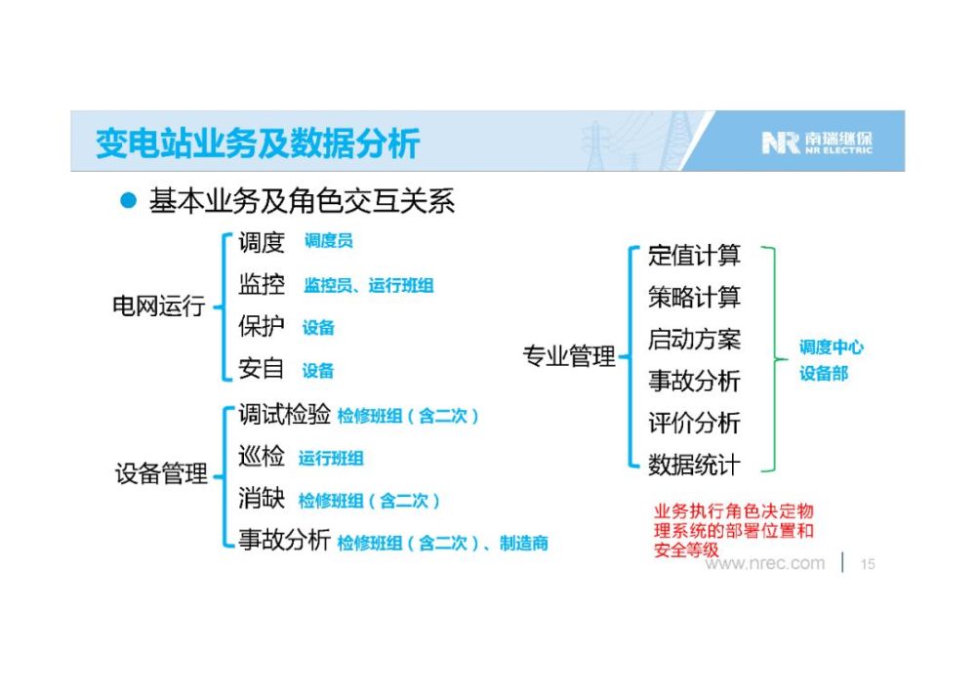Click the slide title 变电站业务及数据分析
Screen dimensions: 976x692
(x=258, y=143)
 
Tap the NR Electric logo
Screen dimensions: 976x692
(x=817, y=142)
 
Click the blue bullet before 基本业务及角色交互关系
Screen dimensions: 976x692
(x=128, y=200)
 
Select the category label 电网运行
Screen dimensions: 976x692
(x=159, y=305)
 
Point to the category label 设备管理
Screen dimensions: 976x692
(x=161, y=473)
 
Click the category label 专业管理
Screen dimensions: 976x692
(x=569, y=356)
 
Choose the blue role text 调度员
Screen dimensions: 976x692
(x=329, y=241)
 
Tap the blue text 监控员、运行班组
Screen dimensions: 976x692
(x=369, y=286)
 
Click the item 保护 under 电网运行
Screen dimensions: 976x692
(x=262, y=325)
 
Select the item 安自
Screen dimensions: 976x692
(x=262, y=368)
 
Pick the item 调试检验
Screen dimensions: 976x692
(x=284, y=414)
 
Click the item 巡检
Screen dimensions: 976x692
(x=262, y=456)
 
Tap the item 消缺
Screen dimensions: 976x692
(x=262, y=498)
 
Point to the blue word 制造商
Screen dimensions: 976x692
(x=524, y=544)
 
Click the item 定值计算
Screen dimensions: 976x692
(x=694, y=255)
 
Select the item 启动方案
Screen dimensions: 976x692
(x=694, y=339)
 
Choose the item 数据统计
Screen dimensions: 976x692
(x=694, y=465)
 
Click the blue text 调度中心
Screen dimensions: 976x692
(x=832, y=346)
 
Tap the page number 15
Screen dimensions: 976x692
(x=868, y=564)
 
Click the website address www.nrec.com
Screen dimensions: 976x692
(x=765, y=563)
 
